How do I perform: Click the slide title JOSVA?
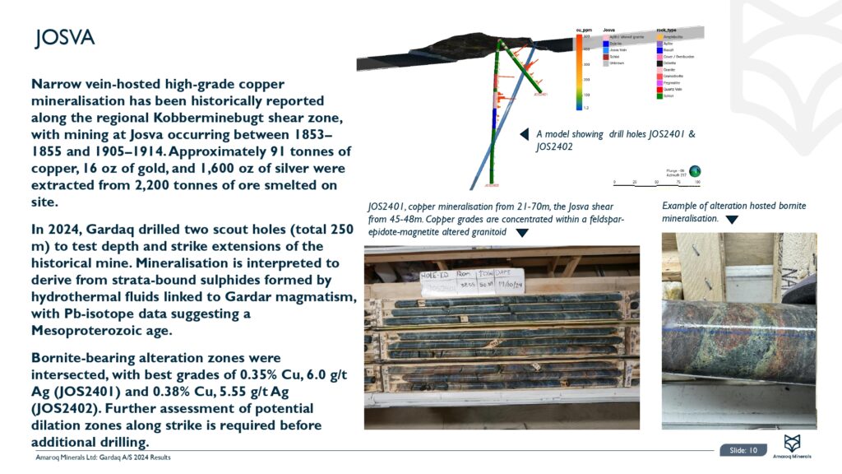(64, 38)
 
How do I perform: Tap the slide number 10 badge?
(744, 449)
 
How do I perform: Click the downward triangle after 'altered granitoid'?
(520, 233)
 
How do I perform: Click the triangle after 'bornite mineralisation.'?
(732, 220)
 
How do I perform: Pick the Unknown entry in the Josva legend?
(617, 63)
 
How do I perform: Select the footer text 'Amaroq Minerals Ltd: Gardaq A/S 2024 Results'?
(103, 457)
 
